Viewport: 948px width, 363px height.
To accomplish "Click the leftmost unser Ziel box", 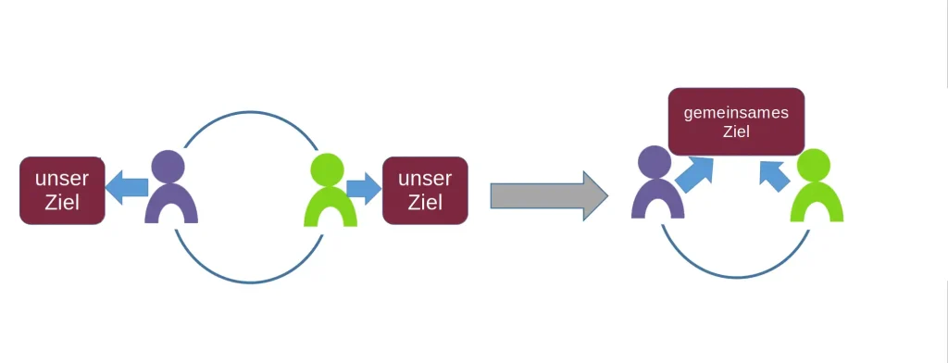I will pyautogui.click(x=62, y=190).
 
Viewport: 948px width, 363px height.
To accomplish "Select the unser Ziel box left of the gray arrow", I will pyautogui.click(x=425, y=190).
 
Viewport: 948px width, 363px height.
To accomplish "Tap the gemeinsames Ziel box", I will pyautogui.click(x=736, y=121).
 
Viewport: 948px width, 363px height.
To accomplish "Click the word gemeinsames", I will pyautogui.click(x=736, y=113).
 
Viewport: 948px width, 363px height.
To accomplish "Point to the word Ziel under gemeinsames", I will pyautogui.click(x=736, y=132).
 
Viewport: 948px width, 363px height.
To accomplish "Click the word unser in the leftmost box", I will pyautogui.click(x=61, y=179).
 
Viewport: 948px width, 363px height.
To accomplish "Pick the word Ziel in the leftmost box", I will pyautogui.click(x=61, y=202).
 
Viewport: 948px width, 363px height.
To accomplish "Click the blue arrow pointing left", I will pyautogui.click(x=126, y=187).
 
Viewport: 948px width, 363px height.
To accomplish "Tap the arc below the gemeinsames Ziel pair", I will pyautogui.click(x=736, y=275).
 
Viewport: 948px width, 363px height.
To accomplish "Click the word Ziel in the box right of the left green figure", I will pyautogui.click(x=425, y=202).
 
